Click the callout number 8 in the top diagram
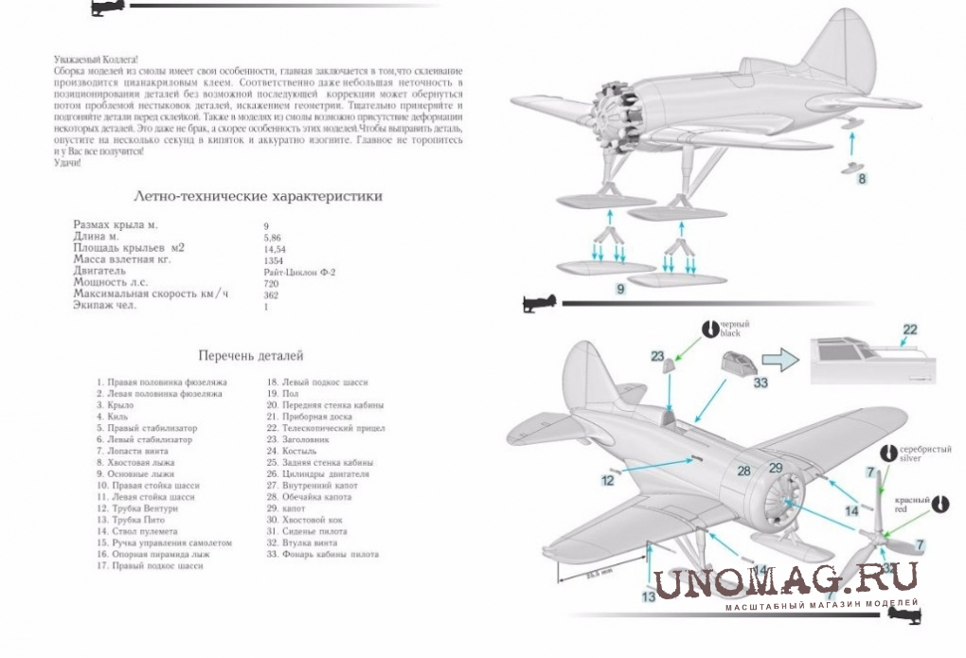pyautogui.click(x=862, y=177)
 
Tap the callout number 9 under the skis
pyautogui.click(x=620, y=289)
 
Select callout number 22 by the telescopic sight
pyautogui.click(x=910, y=329)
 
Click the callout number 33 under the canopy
pyautogui.click(x=760, y=382)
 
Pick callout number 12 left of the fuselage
pyautogui.click(x=607, y=480)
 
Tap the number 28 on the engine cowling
pyautogui.click(x=744, y=471)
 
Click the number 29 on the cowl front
pyautogui.click(x=775, y=468)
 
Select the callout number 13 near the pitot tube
pyautogui.click(x=648, y=596)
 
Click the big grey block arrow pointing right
pyautogui.click(x=782, y=361)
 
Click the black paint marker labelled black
pyautogui.click(x=709, y=328)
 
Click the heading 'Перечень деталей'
pyautogui.click(x=250, y=356)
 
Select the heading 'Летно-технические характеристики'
pyautogui.click(x=259, y=197)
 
